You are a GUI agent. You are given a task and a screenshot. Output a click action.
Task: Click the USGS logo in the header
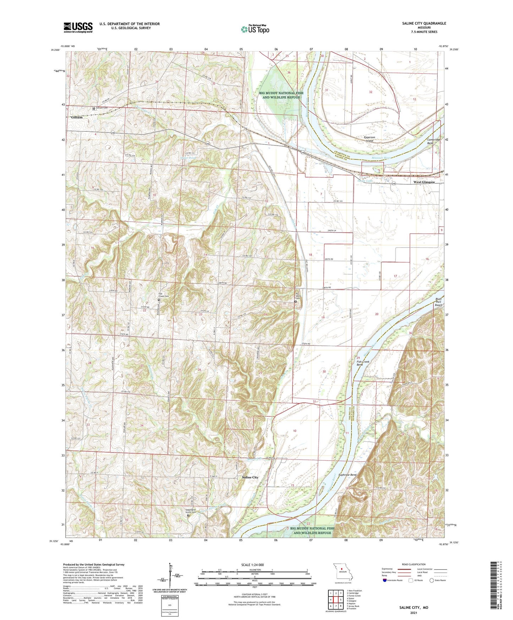tap(78, 27)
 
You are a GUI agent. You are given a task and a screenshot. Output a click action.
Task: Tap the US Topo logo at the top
tap(255, 29)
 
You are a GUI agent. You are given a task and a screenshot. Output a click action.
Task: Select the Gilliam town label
tap(77, 117)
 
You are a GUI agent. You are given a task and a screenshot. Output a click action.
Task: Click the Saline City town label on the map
tap(250, 478)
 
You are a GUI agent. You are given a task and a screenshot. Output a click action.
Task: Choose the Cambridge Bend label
tap(433, 141)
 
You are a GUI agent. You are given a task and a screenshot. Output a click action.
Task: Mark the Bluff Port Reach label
tap(438, 302)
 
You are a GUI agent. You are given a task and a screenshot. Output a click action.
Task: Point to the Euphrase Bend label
tap(348, 475)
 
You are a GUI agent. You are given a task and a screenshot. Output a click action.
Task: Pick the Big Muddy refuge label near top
tap(282, 95)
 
